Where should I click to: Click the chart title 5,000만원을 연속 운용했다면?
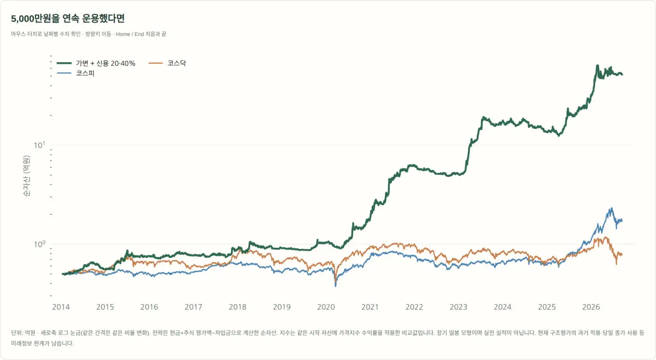(x=68, y=18)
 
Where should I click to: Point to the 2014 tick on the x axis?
(x=61, y=307)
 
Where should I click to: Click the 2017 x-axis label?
(x=193, y=307)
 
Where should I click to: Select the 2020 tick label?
(x=326, y=307)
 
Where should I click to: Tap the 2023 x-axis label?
(x=458, y=307)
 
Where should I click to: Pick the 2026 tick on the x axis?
(x=591, y=307)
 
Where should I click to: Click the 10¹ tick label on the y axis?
(x=39, y=145)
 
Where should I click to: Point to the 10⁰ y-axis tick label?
(x=39, y=244)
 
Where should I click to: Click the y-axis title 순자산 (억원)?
(x=26, y=176)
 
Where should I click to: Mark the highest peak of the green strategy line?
(x=598, y=65)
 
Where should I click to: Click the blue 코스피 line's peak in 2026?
(x=611, y=208)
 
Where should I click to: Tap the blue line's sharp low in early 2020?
(x=335, y=286)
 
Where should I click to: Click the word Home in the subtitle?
(x=123, y=34)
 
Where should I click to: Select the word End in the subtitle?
(x=139, y=34)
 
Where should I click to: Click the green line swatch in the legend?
(x=64, y=63)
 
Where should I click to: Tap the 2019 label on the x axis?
(x=282, y=307)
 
